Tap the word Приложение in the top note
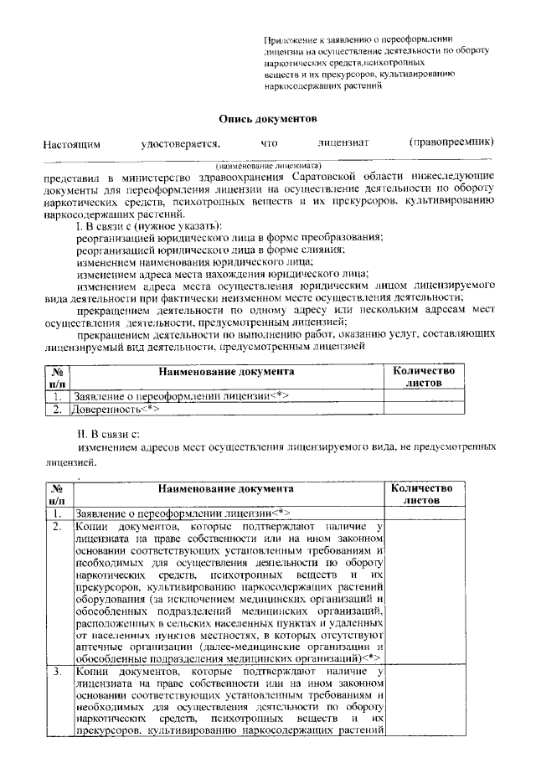(288, 39)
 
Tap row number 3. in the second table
(56, 672)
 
